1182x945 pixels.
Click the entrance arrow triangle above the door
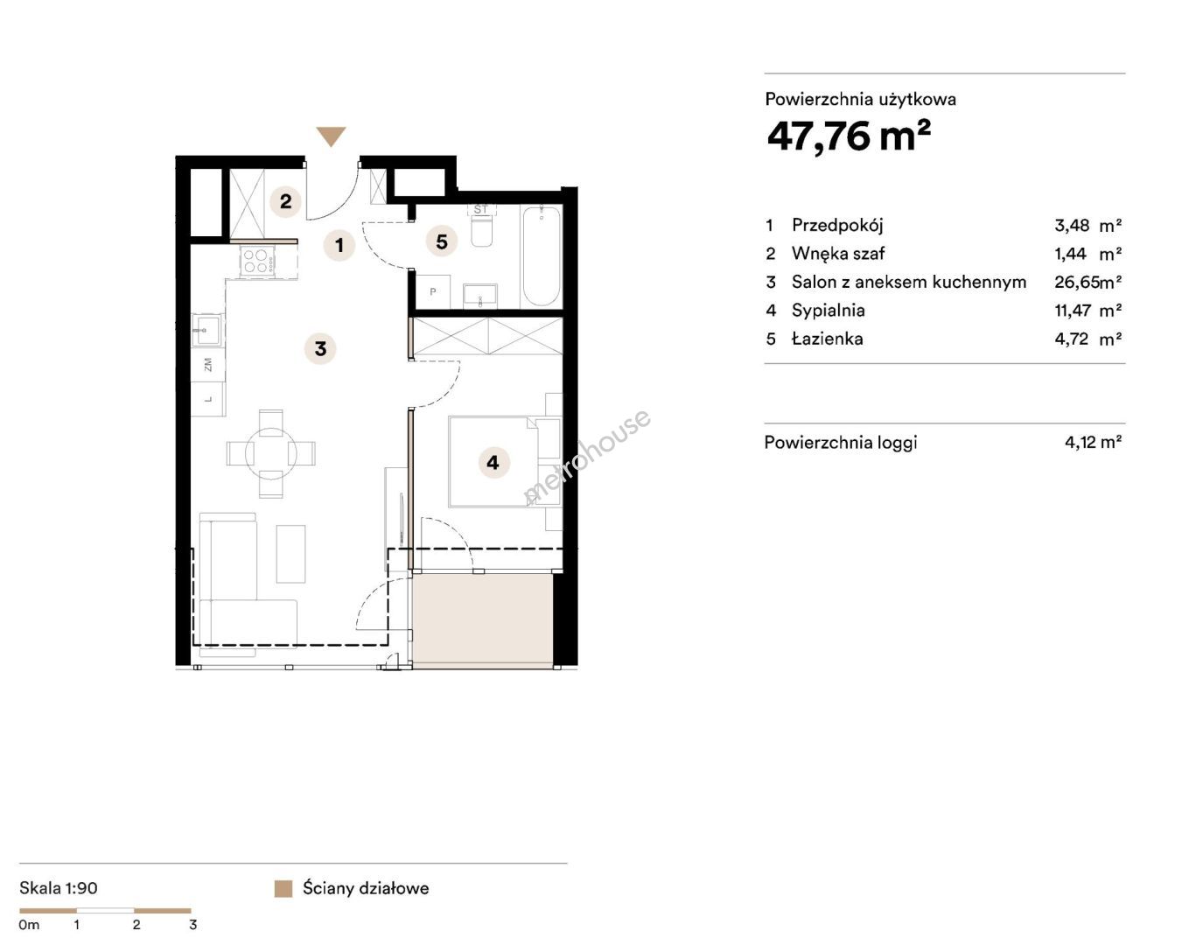(x=331, y=136)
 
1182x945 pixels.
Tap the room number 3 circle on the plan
(x=321, y=348)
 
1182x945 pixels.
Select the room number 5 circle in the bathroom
(x=442, y=241)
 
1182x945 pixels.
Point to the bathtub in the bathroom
(x=542, y=256)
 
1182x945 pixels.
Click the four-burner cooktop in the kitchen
(x=256, y=261)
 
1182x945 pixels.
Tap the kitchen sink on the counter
(x=206, y=330)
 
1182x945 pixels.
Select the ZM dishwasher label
(x=207, y=364)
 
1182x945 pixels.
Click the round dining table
(x=270, y=454)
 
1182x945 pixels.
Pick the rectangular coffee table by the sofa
(x=290, y=554)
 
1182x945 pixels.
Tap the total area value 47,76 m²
(x=849, y=136)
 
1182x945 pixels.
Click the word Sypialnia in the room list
(x=828, y=311)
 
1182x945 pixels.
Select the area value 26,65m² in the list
(x=1088, y=282)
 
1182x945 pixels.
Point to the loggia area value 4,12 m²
(x=1093, y=442)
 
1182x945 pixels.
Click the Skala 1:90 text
(x=59, y=888)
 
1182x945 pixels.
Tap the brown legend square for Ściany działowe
(x=283, y=889)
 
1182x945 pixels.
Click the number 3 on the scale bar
(x=192, y=925)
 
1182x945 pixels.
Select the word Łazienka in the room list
(x=827, y=339)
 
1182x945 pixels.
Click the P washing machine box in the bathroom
(x=433, y=291)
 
